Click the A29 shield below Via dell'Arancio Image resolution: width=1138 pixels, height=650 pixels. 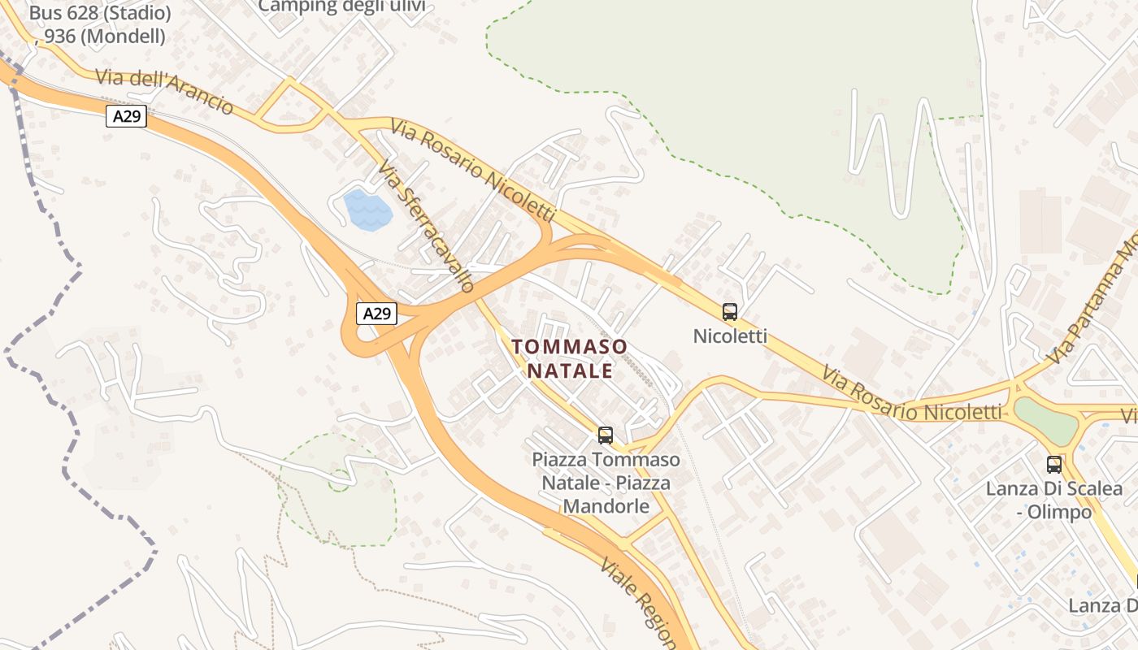tap(126, 116)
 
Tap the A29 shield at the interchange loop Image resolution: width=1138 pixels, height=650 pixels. tap(376, 314)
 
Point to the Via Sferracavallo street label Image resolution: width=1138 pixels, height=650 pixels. tap(426, 226)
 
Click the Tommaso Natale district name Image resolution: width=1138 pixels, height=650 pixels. tap(570, 358)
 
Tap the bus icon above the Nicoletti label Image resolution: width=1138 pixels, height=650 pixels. tap(730, 311)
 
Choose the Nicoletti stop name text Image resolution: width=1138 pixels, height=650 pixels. tap(730, 336)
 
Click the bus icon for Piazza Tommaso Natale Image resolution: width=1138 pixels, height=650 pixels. tap(605, 435)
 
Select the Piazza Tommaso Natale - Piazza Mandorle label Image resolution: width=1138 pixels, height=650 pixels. tap(606, 483)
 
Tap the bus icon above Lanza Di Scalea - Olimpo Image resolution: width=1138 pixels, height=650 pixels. tap(1053, 464)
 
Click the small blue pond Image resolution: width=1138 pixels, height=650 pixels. tap(367, 210)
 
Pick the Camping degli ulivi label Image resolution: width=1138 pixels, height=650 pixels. tap(341, 6)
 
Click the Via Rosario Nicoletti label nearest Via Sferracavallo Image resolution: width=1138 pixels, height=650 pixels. tap(472, 171)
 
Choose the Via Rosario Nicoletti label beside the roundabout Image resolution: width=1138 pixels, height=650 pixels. tap(911, 395)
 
